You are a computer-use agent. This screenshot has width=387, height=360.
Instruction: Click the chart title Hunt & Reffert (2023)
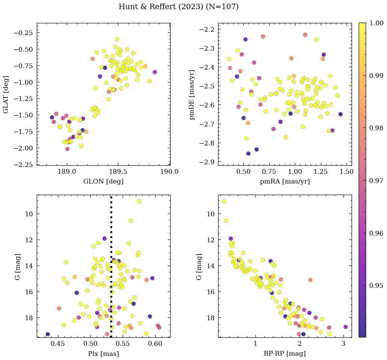tap(179, 7)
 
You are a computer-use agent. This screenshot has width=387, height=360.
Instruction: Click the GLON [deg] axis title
tap(103, 182)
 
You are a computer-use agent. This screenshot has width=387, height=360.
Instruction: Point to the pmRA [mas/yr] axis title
tap(285, 182)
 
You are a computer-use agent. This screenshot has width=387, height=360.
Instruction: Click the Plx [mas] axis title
tap(103, 354)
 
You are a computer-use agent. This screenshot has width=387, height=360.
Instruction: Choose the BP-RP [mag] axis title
tap(285, 354)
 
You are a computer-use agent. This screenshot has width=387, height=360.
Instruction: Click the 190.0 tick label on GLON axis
tap(170, 172)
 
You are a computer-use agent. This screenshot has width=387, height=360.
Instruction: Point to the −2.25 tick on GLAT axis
tap(25, 164)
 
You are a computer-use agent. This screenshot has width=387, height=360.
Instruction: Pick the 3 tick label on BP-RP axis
tap(344, 344)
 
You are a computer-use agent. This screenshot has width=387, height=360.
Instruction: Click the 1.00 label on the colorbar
tap(377, 23)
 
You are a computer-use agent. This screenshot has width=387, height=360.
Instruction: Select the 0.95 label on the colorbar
tap(377, 285)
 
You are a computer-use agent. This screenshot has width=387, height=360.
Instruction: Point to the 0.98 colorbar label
tap(377, 128)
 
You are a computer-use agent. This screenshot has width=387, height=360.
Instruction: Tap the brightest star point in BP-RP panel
tap(224, 201)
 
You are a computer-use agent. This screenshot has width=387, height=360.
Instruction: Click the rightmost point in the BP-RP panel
tap(346, 327)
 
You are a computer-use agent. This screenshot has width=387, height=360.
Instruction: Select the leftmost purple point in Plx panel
tap(48, 334)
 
